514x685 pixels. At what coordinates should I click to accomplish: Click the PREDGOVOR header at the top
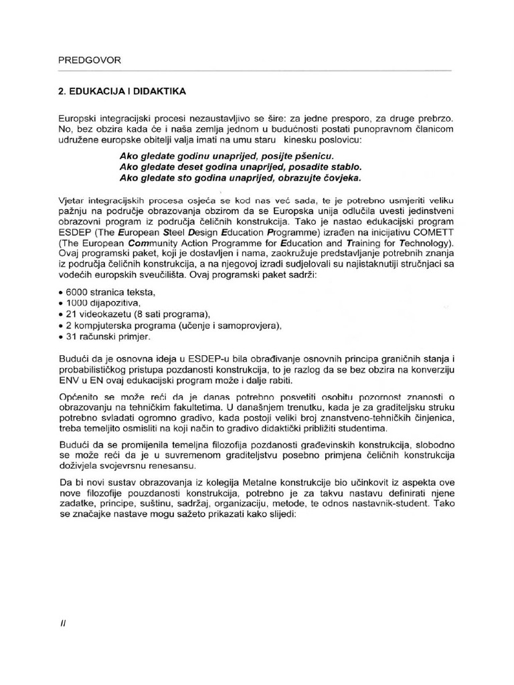click(90, 60)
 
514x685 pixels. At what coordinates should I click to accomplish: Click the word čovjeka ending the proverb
click(340, 178)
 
